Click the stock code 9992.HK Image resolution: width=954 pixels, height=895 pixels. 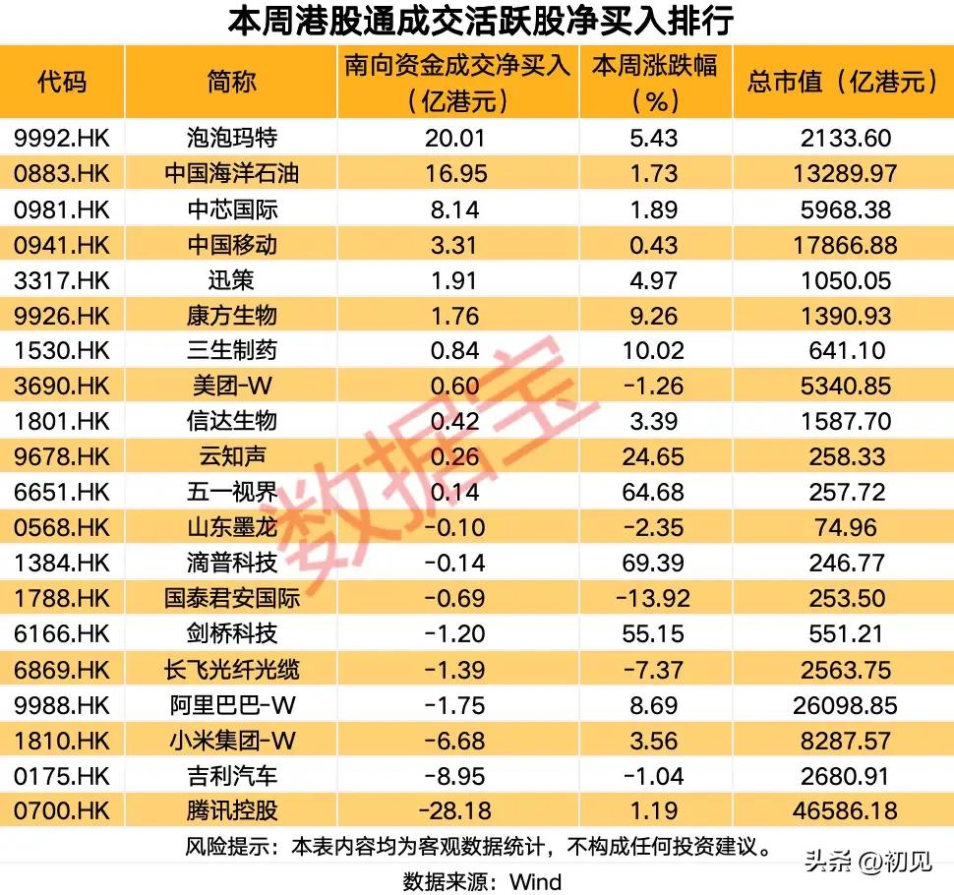point(62,138)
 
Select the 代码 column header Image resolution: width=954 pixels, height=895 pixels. point(62,83)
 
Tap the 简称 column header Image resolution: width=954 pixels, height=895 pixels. point(231,83)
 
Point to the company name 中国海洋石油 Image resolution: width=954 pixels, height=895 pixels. point(231,173)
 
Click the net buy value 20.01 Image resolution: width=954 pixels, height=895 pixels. point(456,138)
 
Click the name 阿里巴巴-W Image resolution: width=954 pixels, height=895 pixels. point(231,705)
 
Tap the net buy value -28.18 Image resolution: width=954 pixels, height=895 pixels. point(456,811)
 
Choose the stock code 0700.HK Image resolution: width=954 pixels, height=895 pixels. point(62,811)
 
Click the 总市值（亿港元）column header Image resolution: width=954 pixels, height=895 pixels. point(843,83)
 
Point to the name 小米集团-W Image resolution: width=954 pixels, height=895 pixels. point(231,741)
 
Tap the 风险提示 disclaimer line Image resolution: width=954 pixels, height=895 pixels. point(477,846)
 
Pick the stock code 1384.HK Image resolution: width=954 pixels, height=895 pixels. point(62,564)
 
